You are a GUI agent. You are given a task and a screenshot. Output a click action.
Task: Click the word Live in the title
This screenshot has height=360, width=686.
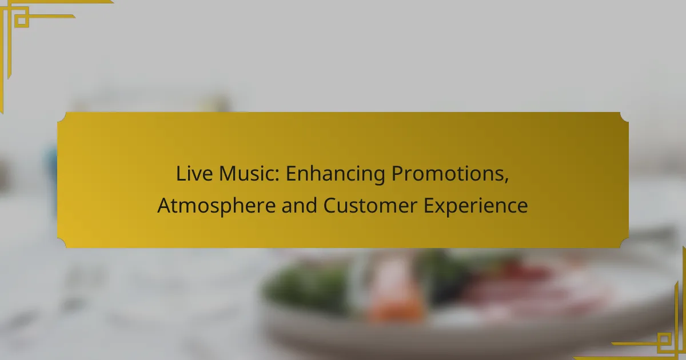click(194, 174)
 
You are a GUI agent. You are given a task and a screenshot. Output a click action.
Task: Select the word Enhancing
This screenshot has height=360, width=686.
click(336, 174)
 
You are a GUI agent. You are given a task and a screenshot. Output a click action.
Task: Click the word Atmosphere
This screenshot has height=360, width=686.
click(217, 206)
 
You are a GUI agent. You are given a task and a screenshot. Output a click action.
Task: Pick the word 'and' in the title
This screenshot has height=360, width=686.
click(299, 205)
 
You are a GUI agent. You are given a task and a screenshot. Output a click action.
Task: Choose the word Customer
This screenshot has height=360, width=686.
click(370, 205)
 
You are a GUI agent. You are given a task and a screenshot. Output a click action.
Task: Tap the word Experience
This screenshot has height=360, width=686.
click(476, 206)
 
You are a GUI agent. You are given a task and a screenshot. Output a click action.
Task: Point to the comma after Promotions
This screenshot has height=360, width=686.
click(506, 181)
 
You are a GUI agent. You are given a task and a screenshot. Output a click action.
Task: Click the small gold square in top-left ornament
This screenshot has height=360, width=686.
click(22, 21)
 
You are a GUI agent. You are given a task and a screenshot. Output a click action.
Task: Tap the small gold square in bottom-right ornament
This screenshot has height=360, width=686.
click(664, 339)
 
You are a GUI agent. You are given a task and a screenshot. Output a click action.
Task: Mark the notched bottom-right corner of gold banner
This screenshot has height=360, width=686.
click(624, 243)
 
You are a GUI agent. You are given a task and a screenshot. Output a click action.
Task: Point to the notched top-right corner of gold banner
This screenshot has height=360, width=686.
click(624, 117)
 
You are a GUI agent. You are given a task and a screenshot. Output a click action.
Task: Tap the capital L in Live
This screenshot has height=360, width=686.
click(181, 174)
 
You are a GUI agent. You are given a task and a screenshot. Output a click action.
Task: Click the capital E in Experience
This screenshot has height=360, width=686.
click(428, 205)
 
